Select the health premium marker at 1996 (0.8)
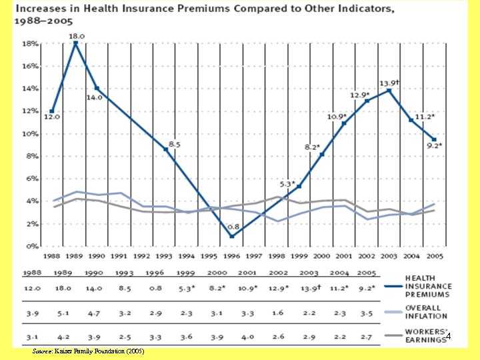click(x=231, y=236)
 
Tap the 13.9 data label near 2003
click(x=389, y=83)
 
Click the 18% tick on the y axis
click(x=30, y=43)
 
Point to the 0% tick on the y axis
click(x=32, y=247)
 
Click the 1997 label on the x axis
click(x=254, y=255)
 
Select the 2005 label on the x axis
click(x=434, y=255)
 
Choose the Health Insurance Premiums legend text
click(x=428, y=286)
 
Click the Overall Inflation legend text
click(x=427, y=312)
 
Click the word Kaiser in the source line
click(x=63, y=351)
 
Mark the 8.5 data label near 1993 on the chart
click(x=174, y=144)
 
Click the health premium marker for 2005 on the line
click(x=434, y=139)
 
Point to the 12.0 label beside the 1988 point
click(x=51, y=117)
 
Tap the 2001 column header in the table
click(x=247, y=273)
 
